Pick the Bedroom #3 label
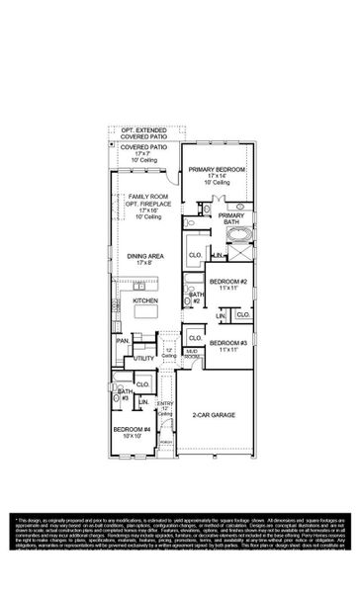[230, 343]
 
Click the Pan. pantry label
[123, 341]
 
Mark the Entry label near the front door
[167, 404]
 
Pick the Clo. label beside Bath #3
[141, 383]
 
